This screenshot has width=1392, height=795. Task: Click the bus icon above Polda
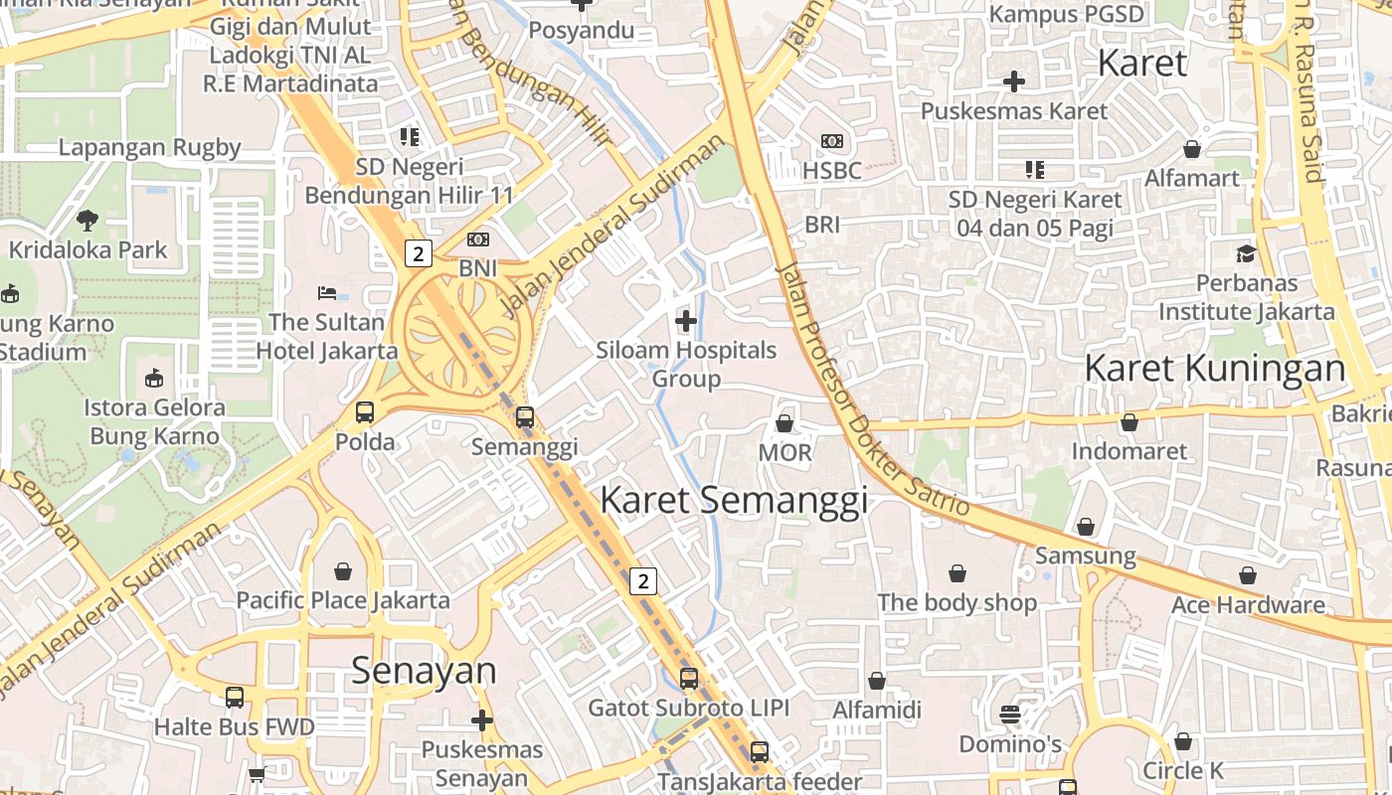pos(365,412)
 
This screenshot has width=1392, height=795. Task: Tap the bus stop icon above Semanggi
pos(525,417)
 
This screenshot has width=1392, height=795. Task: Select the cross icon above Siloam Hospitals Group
pos(686,321)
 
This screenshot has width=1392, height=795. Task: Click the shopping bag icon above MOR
pos(784,423)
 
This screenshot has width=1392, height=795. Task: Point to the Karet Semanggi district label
pos(734,500)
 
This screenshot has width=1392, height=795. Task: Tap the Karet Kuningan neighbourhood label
pos(1214,368)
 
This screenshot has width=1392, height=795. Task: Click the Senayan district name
pos(424,671)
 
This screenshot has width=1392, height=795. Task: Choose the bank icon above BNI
pos(478,239)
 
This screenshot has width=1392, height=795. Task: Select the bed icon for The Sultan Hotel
pos(327,293)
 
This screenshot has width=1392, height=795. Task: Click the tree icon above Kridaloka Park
pos(87,220)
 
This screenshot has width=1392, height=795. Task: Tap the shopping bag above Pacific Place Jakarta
pos(343,571)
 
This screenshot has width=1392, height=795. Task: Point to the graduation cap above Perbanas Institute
pos(1246,253)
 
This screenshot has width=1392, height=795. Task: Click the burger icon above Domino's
pos(1010,714)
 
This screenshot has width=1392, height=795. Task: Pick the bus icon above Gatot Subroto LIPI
pos(689,679)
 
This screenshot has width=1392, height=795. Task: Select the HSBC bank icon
pos(832,142)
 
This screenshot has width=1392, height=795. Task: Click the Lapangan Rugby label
pos(149,147)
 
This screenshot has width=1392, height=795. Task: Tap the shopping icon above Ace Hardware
pos(1248,575)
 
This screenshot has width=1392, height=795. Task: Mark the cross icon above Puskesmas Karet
pos(1013,81)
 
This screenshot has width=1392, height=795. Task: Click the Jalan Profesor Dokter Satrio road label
pos(870,388)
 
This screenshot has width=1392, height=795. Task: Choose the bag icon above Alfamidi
pos(877,681)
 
